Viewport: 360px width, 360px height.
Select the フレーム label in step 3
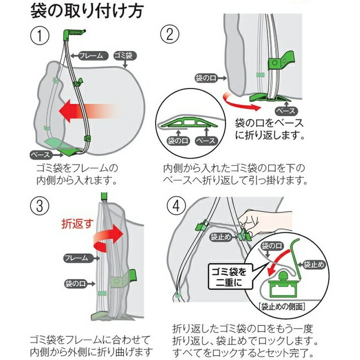coord(74,258)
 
